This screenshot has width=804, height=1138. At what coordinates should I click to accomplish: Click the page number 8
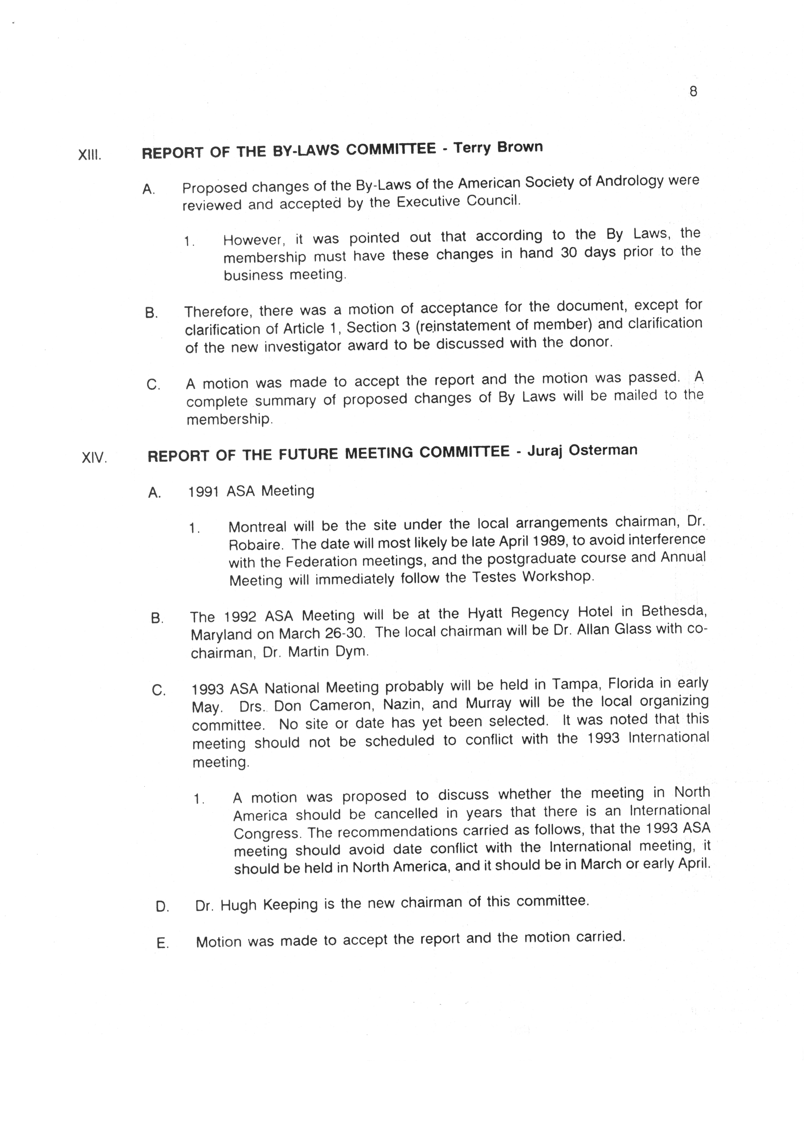(693, 92)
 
